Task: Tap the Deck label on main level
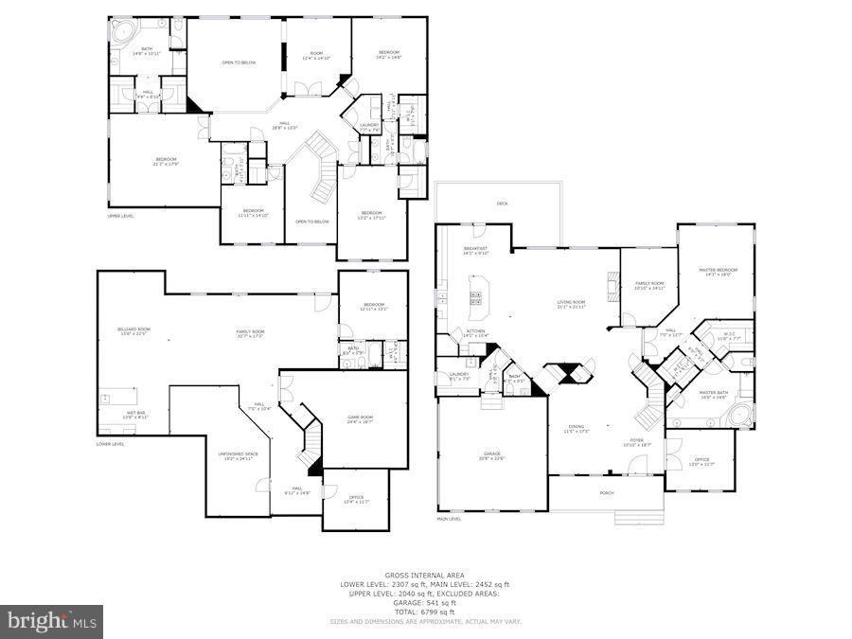point(503,204)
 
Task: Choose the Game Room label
point(360,420)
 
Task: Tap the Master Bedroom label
point(715,272)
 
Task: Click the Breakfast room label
point(475,251)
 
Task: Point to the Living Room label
point(572,304)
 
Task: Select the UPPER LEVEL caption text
point(120,216)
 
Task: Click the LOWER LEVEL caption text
point(111,443)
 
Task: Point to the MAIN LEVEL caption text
point(449,519)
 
